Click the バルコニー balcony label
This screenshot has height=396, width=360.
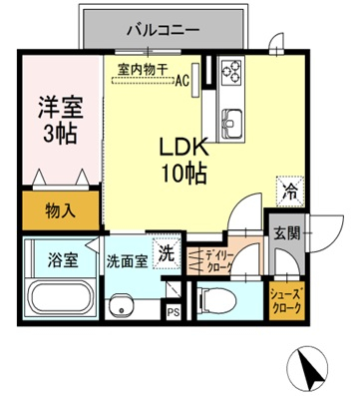(x=163, y=30)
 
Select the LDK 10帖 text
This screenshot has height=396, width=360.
(x=184, y=159)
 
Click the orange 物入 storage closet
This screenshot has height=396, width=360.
(x=60, y=211)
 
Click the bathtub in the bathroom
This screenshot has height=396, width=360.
(x=59, y=298)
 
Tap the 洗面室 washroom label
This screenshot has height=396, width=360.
(x=127, y=261)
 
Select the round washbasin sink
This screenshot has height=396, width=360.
(x=122, y=305)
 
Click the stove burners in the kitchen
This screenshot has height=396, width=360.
(x=230, y=73)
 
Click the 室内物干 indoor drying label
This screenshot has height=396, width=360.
(x=144, y=68)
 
